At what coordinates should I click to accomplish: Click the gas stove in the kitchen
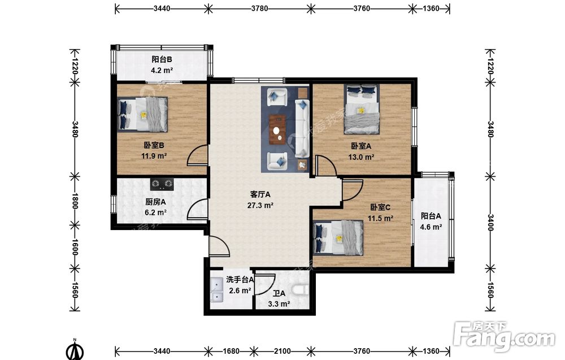[x=162, y=184]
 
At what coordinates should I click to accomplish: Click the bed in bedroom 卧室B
[x=142, y=114]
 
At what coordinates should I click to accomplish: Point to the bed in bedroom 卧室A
[x=362, y=109]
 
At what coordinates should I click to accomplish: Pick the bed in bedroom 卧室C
[x=338, y=238]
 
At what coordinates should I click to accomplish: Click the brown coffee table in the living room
[x=277, y=129]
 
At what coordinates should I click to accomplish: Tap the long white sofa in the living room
[x=302, y=128]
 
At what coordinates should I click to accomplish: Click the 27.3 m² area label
[x=260, y=206]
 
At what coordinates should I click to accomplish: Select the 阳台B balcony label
[x=162, y=59]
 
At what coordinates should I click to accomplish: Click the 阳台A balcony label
[x=431, y=216]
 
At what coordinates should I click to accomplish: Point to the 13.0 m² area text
[x=361, y=157]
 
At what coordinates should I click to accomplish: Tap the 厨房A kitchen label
[x=155, y=202]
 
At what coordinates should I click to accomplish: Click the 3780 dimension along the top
[x=259, y=8]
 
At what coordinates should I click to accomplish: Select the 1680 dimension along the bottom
[x=231, y=351]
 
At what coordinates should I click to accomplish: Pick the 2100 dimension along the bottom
[x=282, y=351]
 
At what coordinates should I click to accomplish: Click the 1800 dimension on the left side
[x=75, y=201]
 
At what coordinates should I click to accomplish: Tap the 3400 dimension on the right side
[x=490, y=222]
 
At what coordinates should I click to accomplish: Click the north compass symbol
[x=75, y=350]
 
